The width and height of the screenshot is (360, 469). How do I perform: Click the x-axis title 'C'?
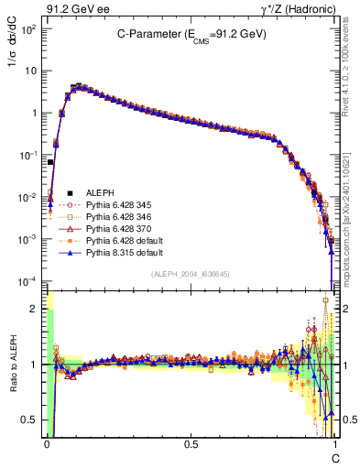(x=335, y=457)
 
